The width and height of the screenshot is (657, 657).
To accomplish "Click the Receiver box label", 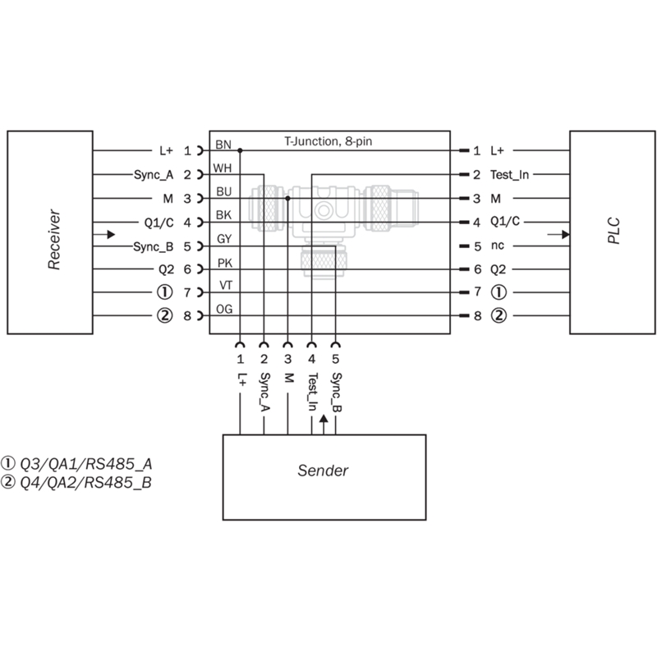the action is (54, 239).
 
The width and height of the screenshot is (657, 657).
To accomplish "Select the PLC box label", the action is (613, 231).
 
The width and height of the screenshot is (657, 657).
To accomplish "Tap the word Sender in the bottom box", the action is (323, 471).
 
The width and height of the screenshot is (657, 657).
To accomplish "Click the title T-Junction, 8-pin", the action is (328, 141).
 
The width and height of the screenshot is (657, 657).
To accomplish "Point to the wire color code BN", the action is (223, 145).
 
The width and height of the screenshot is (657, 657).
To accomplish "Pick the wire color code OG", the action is (224, 310).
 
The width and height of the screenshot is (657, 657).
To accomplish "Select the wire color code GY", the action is (224, 239).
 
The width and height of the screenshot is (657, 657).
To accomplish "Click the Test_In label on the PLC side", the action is (509, 175).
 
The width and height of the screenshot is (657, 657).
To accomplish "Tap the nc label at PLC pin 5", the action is (498, 246).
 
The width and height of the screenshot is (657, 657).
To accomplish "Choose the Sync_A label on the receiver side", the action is (154, 175).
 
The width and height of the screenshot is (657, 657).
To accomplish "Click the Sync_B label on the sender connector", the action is (336, 393).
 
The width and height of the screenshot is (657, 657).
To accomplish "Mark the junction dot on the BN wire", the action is (240, 150).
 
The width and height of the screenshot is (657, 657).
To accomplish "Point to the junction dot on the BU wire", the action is (288, 198).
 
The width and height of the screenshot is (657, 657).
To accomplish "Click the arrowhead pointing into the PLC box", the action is (566, 234).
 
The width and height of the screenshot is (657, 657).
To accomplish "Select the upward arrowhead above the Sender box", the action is (324, 419).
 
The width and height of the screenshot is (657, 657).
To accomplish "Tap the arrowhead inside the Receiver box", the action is (111, 234).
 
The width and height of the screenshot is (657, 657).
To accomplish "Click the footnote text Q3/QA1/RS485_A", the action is (86, 464).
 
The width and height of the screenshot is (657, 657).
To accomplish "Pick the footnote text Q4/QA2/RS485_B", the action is (86, 483).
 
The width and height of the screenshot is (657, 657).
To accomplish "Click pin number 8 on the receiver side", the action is (187, 316).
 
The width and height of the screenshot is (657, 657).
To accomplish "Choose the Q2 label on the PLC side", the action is (498, 269).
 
